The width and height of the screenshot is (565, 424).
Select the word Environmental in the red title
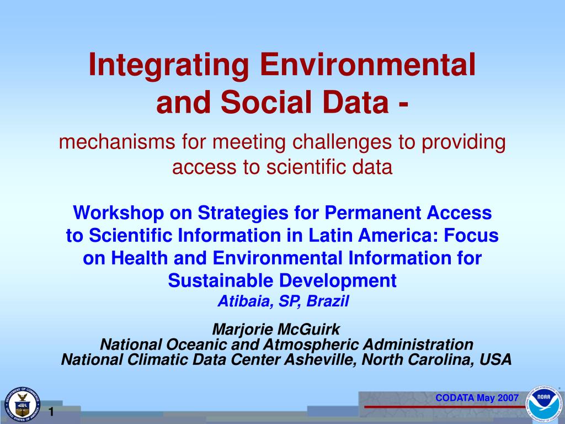click(367, 65)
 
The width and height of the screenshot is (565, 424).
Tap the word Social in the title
click(265, 102)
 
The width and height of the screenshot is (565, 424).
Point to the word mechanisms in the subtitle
click(117, 142)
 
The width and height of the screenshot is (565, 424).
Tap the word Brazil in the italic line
click(328, 301)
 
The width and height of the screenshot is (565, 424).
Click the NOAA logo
click(544, 404)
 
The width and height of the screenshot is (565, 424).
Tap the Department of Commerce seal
click(22, 405)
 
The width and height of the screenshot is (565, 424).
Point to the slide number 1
click(51, 412)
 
